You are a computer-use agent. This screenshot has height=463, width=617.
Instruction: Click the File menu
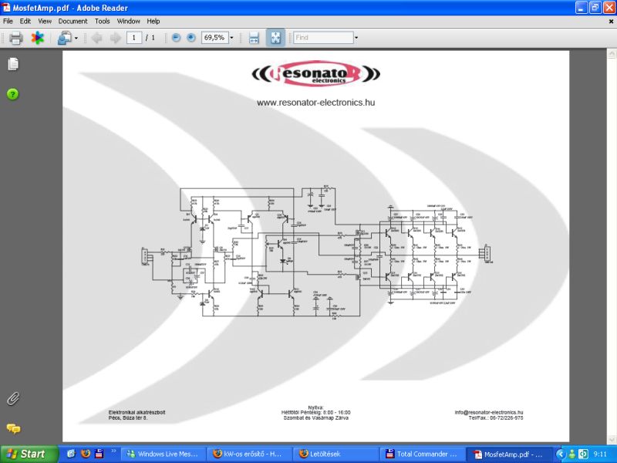(x=8, y=21)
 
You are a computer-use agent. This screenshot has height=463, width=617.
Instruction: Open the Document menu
(x=72, y=21)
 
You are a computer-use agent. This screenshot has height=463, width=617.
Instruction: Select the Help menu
(x=153, y=21)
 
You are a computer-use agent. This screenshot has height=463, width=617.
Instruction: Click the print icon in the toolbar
(x=15, y=38)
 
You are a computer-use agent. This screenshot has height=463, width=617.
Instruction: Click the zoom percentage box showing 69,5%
(x=214, y=38)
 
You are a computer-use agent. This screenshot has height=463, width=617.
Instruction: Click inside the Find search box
(x=322, y=38)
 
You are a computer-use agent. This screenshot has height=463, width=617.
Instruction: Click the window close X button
(x=609, y=7)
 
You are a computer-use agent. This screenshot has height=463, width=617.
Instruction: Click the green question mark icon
(x=12, y=94)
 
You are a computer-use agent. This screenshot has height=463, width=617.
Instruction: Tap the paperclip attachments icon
(x=12, y=398)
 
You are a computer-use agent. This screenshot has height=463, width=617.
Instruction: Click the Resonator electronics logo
(x=315, y=74)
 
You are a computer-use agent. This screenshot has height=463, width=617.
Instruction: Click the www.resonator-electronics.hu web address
(x=315, y=103)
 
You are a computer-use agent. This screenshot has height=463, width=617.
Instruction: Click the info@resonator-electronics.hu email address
(x=489, y=412)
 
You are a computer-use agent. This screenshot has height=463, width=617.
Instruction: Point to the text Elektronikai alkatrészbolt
(x=137, y=412)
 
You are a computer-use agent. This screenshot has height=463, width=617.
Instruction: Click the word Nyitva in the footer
(x=315, y=407)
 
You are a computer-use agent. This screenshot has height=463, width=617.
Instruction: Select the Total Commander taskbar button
(x=423, y=454)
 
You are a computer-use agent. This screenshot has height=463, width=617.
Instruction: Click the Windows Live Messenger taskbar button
(x=167, y=454)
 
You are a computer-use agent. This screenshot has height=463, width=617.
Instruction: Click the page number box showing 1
(x=134, y=38)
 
